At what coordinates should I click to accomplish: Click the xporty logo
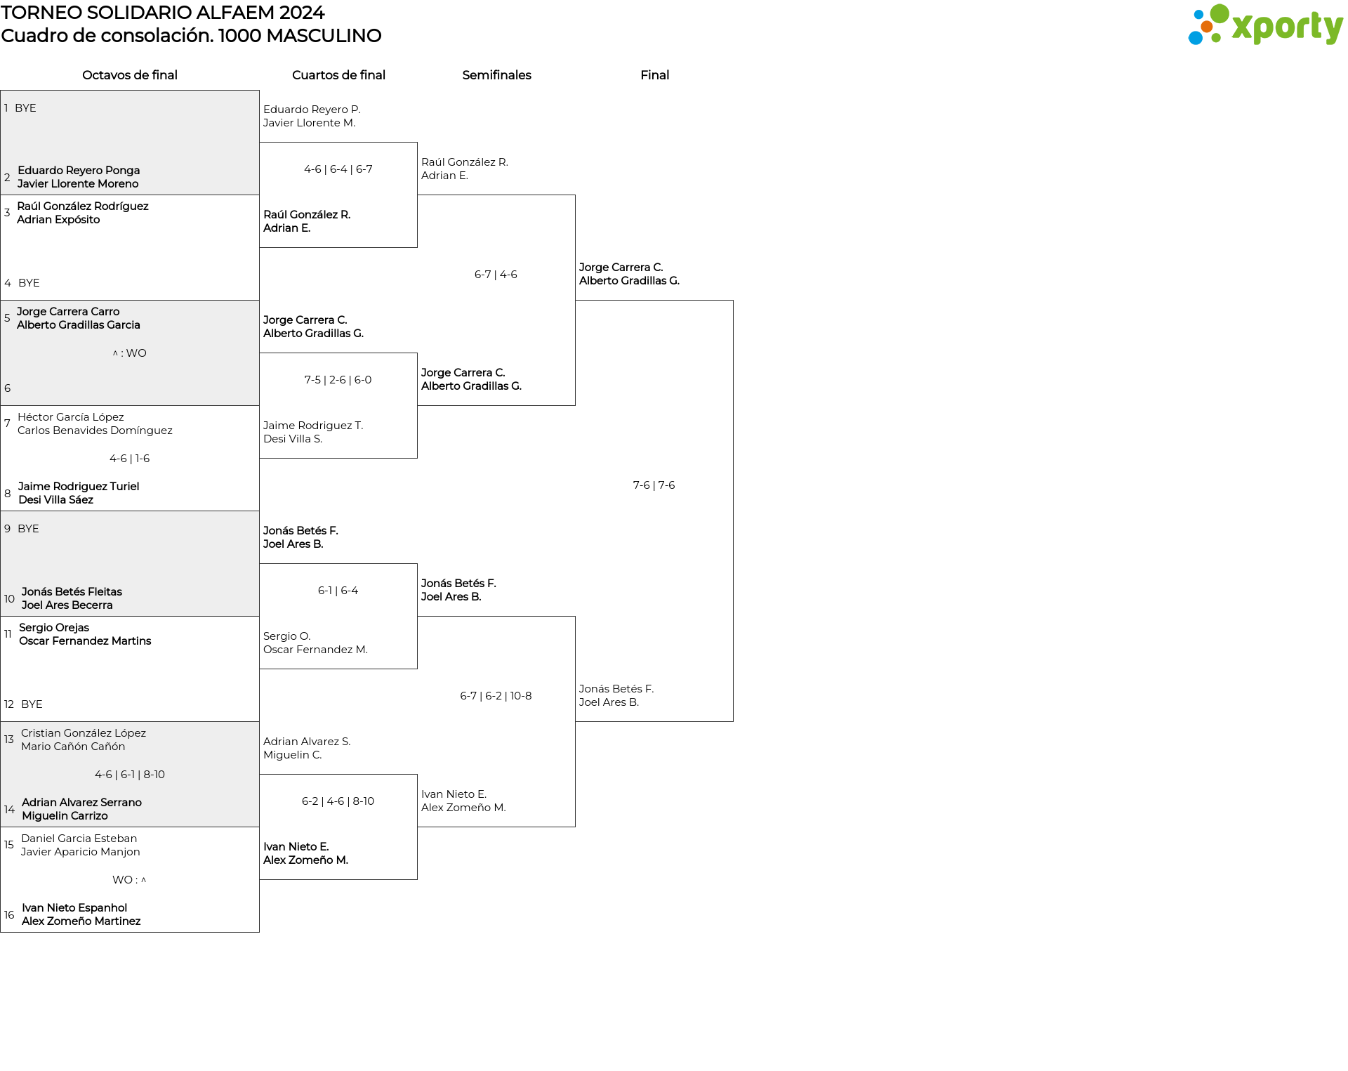[1265, 25]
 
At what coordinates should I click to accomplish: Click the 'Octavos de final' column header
[130, 75]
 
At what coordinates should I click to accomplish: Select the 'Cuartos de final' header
[338, 75]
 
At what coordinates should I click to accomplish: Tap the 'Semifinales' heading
[496, 75]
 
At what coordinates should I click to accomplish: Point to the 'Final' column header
[654, 75]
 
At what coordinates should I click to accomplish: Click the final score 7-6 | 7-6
[654, 485]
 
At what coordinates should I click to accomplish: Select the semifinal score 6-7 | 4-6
[496, 275]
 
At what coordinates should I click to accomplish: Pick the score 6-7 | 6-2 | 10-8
[496, 696]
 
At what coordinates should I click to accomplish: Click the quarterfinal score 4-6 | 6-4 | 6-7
[338, 169]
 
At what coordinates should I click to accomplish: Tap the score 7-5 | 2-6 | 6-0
[338, 380]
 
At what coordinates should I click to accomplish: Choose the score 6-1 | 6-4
[338, 591]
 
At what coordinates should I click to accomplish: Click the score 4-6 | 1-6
[129, 459]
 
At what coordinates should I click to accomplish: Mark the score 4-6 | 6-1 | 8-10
[129, 775]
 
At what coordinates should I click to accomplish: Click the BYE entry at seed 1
[25, 108]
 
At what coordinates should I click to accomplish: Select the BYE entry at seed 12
[32, 704]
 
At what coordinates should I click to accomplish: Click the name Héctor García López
[71, 417]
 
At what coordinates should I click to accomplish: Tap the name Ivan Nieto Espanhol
[74, 908]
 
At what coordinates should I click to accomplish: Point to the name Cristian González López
[84, 733]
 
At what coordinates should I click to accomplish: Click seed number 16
[9, 915]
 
